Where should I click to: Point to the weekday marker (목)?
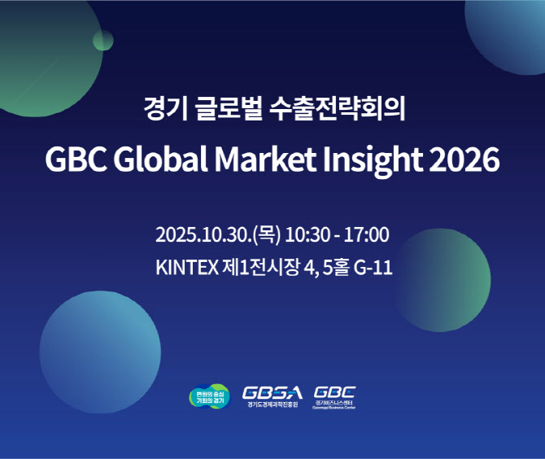tap(267, 235)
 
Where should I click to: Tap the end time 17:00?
tap(365, 235)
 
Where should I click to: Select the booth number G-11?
tap(373, 267)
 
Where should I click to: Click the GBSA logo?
tap(272, 396)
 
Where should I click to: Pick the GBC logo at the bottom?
tap(334, 396)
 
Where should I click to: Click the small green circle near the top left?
tap(103, 40)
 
